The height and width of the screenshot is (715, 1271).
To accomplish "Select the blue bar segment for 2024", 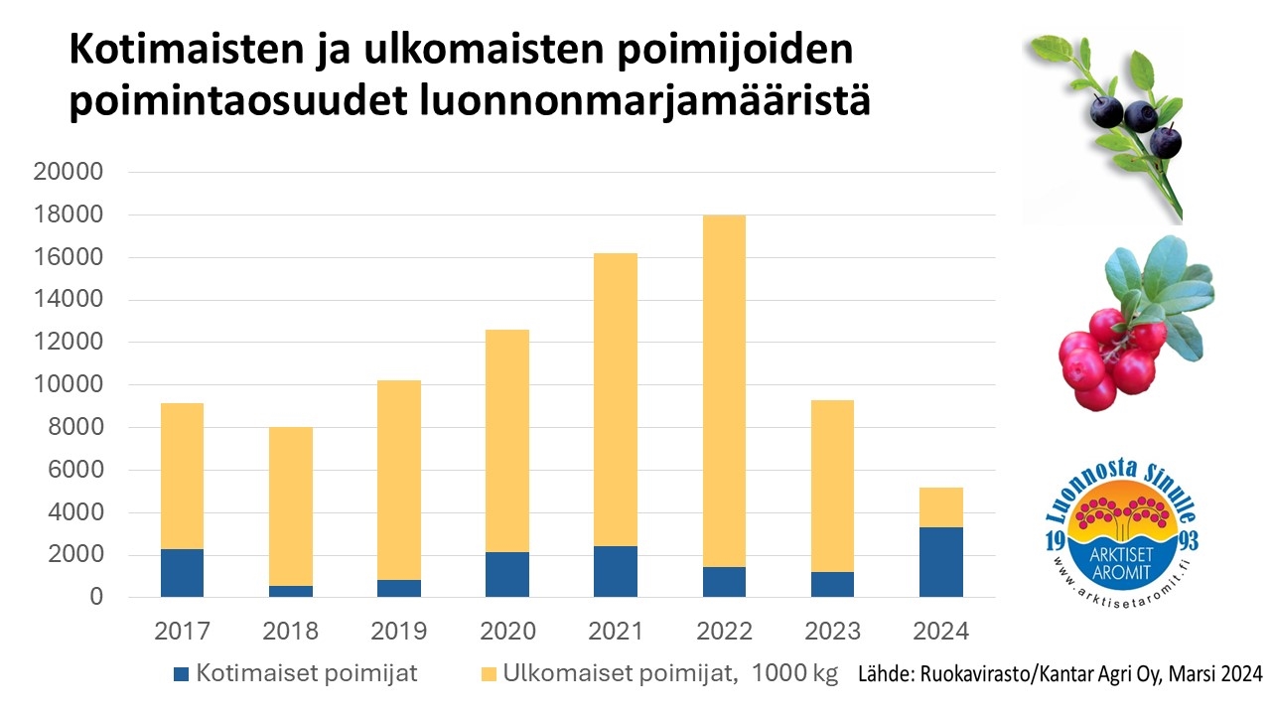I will (940, 562).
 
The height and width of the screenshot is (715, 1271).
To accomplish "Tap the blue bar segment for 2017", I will (182, 573).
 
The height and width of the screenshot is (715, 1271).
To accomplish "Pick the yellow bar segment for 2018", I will (290, 506).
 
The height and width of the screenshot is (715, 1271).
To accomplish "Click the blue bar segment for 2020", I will (507, 574).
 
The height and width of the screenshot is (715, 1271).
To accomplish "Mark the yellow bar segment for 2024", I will (940, 507).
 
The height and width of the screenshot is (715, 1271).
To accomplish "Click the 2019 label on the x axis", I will (398, 631).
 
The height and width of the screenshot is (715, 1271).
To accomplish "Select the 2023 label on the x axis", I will (832, 631).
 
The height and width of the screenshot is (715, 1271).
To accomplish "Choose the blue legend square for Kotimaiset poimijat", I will (181, 674).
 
